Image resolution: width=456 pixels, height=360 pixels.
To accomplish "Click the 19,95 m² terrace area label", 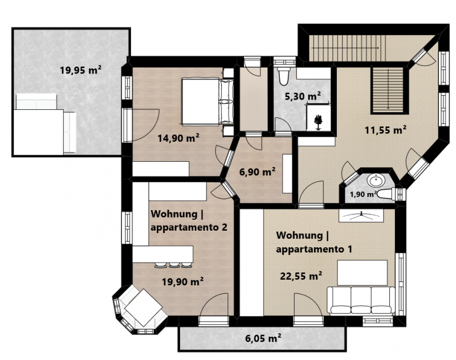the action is tap(80, 70).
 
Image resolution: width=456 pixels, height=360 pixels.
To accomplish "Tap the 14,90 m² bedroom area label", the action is tap(178, 138).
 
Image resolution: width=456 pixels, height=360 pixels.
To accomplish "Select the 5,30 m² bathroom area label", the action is tap(303, 96).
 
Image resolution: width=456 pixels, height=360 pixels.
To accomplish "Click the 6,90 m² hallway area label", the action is tap(257, 171).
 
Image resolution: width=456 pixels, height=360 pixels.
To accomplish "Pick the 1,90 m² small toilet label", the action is tap(363, 194).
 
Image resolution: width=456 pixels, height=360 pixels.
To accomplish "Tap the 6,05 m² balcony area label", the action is tap(263, 338).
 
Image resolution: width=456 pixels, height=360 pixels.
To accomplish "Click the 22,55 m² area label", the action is tap(301, 276).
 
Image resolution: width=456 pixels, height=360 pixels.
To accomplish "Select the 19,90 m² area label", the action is tap(182, 281).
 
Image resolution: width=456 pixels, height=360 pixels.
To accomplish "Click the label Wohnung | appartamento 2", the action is tap(189, 220).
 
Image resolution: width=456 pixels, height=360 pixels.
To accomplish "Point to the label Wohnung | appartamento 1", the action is tap(314, 242).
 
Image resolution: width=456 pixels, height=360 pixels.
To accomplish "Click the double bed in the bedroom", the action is tap(207, 101).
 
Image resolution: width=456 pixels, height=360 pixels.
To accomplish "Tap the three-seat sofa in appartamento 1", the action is tap(361, 300).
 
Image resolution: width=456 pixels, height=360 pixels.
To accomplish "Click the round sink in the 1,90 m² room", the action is tap(376, 181).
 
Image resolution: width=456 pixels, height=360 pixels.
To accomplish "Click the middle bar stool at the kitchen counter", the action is tap(174, 265).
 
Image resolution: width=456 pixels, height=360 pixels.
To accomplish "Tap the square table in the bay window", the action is tap(144, 308).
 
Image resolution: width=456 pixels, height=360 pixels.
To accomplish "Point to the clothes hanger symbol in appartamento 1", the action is tap(361, 215).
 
